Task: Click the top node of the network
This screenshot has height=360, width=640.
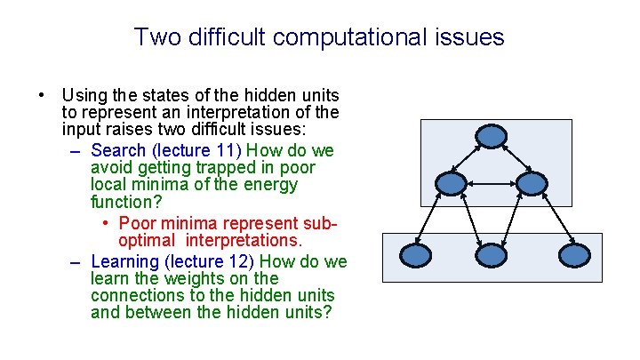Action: tap(491, 136)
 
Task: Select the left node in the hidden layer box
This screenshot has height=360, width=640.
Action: tap(452, 184)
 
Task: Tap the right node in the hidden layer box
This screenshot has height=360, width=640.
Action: tap(531, 184)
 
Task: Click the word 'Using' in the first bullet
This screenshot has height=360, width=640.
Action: tap(83, 94)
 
